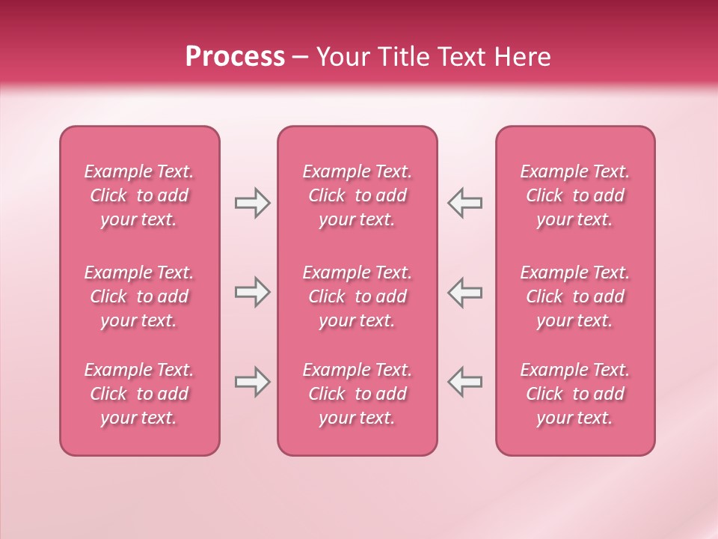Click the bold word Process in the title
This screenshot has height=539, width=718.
click(x=235, y=57)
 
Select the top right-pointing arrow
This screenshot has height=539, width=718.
click(x=252, y=203)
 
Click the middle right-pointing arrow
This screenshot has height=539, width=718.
click(x=252, y=292)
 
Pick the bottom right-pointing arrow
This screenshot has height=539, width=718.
click(x=252, y=382)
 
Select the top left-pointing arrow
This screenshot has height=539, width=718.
click(x=464, y=203)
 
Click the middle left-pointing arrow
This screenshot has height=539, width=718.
click(x=464, y=292)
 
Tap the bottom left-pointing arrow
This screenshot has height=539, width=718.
click(x=464, y=382)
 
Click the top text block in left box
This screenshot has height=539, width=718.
click(x=139, y=195)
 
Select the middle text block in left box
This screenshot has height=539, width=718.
click(x=139, y=296)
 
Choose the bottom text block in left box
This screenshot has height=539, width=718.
click(x=139, y=394)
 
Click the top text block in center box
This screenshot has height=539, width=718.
click(x=357, y=195)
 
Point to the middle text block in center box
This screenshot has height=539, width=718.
click(x=357, y=296)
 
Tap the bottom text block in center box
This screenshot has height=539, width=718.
click(x=357, y=394)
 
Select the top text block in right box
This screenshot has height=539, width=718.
click(x=574, y=195)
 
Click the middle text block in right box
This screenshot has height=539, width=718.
click(x=574, y=296)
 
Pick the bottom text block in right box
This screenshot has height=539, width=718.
click(x=574, y=394)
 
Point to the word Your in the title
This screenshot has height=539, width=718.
click(x=342, y=57)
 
